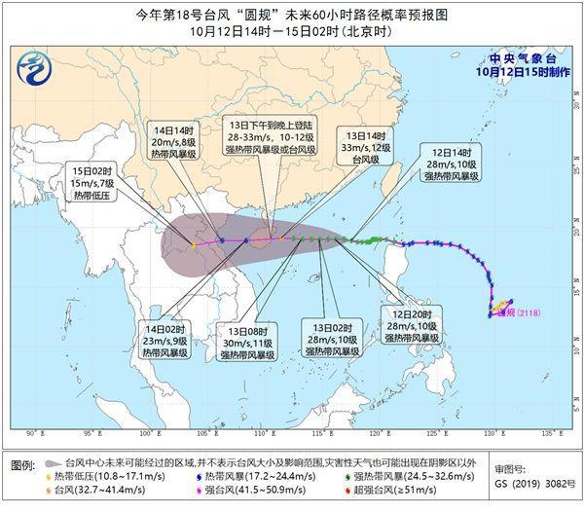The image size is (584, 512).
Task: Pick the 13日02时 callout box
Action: (x=330, y=337)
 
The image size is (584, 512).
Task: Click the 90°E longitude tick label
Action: (x=33, y=433)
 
